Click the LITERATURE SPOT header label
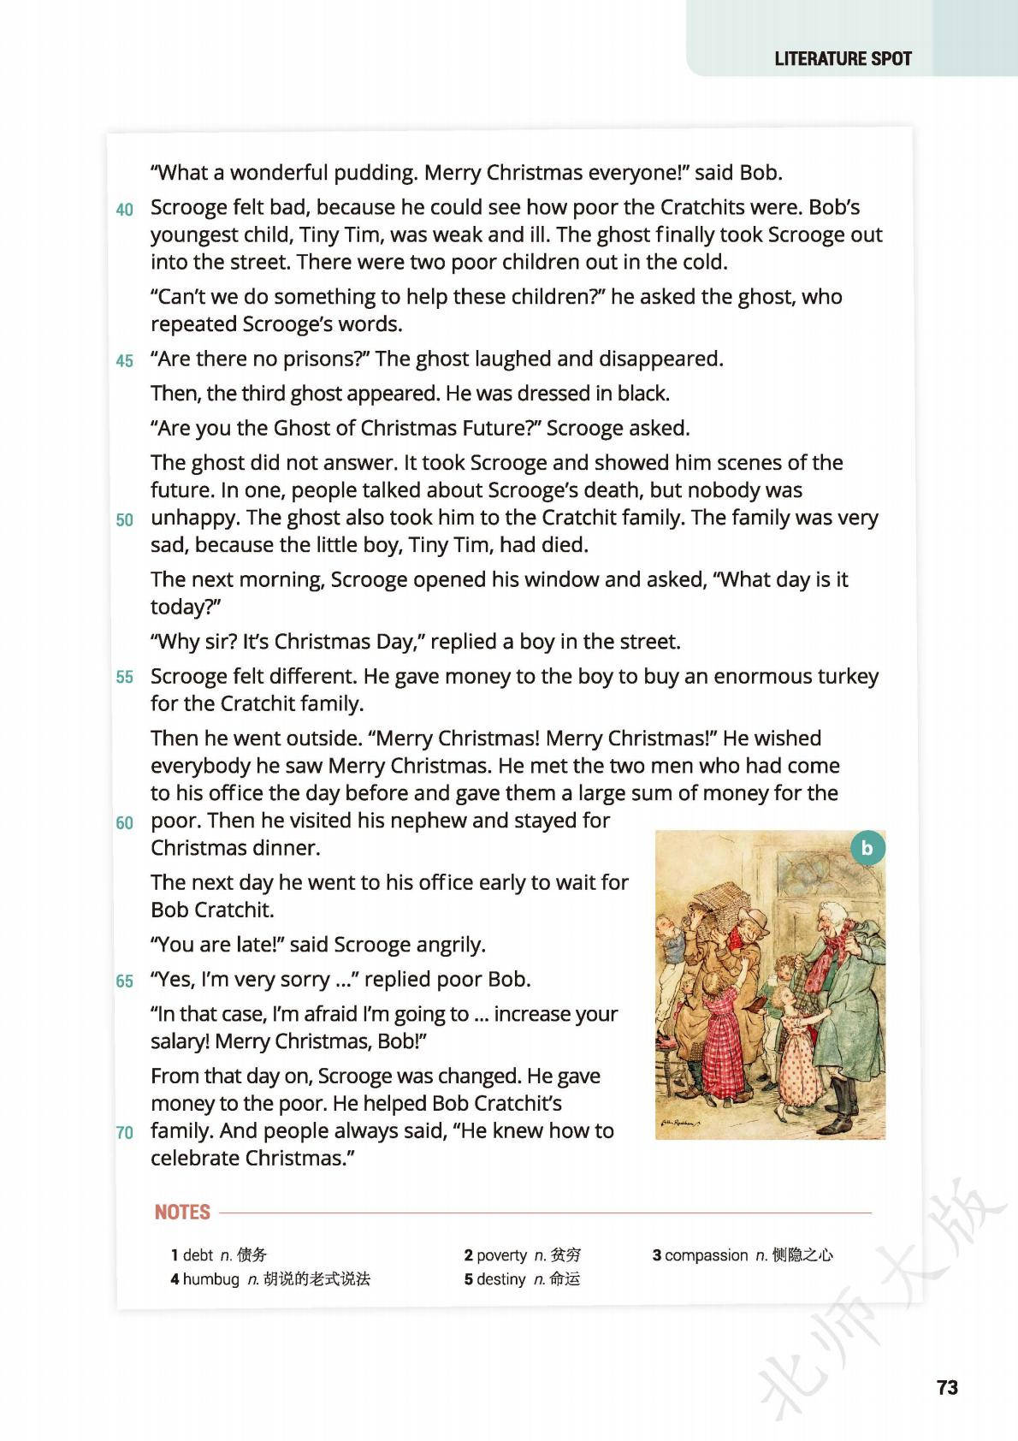coord(843,58)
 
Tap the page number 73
coord(947,1387)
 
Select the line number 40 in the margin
coord(125,210)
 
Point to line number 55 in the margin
coord(125,677)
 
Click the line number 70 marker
coord(125,1132)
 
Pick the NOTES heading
coord(182,1212)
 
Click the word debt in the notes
coord(198,1254)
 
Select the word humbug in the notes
coord(210,1278)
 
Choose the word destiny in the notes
coord(500,1278)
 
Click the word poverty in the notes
coord(501,1254)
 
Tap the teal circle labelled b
coord(867,848)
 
